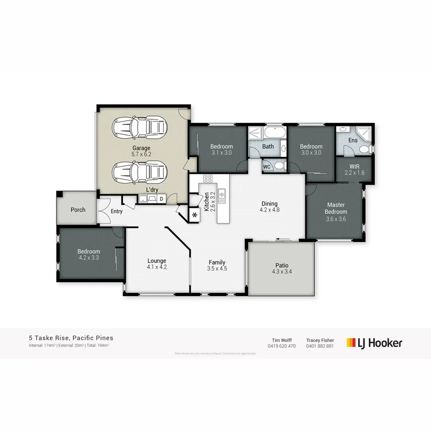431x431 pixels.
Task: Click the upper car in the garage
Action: [x=139, y=127]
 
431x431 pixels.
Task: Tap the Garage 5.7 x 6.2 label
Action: [x=141, y=151]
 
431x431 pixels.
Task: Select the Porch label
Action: [x=78, y=210]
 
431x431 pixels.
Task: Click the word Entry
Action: [x=116, y=211]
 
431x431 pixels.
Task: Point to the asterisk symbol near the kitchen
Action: [x=195, y=215]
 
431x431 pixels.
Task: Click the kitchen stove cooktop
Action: [x=208, y=179]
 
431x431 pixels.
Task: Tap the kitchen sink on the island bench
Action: [x=222, y=194]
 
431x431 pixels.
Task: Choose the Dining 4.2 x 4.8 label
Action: [x=269, y=206]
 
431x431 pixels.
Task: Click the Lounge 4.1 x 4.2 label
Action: [x=157, y=264]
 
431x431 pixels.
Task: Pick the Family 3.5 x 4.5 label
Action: [x=217, y=265]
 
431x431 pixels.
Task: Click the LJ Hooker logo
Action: [x=374, y=342]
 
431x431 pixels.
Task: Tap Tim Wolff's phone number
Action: [x=282, y=346]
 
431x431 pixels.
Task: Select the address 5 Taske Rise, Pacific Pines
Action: [x=71, y=338]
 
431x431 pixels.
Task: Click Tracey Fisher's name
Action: [x=320, y=340]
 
